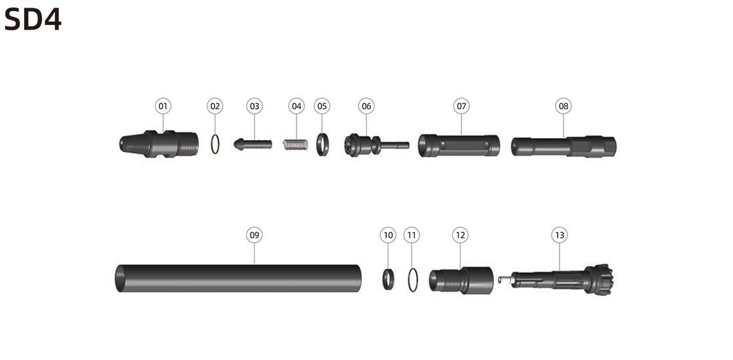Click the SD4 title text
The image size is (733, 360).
33,20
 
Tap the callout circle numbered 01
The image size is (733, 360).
163,106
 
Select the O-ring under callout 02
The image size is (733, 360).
215,144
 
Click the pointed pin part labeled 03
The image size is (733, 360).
253,144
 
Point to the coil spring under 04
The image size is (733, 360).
296,145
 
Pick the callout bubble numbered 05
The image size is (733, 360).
321,106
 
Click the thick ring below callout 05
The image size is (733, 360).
323,145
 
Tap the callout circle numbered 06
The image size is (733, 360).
366,106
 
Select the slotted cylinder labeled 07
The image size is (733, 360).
459,145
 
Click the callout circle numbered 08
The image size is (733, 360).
563,106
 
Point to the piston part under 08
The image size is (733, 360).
563,147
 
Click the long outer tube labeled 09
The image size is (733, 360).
238,278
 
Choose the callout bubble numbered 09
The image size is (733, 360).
255,235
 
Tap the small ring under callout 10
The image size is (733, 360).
388,279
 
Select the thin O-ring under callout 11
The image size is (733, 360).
413,280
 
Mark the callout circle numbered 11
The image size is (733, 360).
412,235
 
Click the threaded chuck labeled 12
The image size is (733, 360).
461,281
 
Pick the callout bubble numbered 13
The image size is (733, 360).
560,235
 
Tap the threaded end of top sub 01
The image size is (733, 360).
188,144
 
